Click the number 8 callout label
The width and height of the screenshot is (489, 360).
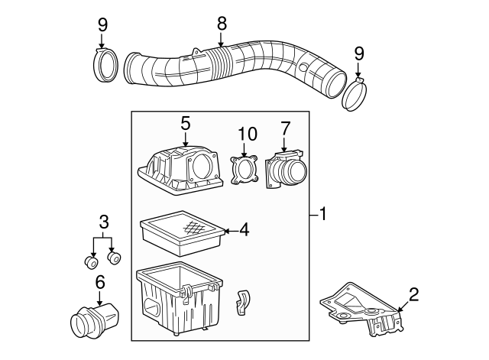click(x=222, y=23)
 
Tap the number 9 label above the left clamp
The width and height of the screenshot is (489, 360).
click(x=102, y=24)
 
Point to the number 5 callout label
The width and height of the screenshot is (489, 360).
click(x=185, y=121)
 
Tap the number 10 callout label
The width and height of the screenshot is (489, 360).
click(x=244, y=134)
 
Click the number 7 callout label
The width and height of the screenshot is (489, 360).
click(x=285, y=126)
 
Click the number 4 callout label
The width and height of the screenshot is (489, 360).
click(x=244, y=229)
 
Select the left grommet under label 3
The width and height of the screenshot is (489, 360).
click(x=91, y=263)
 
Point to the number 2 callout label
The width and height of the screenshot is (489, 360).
click(x=413, y=293)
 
